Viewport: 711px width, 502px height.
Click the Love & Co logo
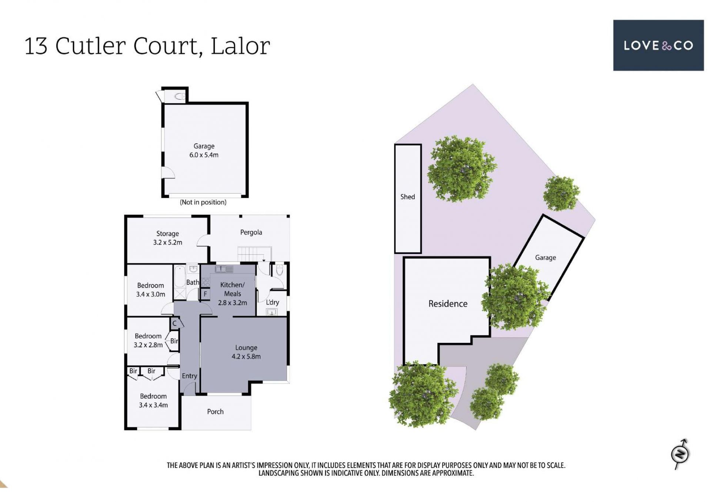(658, 45)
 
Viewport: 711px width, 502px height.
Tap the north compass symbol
(681, 454)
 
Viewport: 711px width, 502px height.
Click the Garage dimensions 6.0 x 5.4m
(204, 155)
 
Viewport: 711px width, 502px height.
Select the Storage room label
(167, 234)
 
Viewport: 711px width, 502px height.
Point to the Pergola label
(251, 232)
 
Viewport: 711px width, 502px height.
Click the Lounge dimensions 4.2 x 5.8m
(246, 357)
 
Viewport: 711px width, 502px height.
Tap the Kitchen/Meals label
(233, 289)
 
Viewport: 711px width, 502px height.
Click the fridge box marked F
(205, 294)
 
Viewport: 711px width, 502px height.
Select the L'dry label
(273, 302)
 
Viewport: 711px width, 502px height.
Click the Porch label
(215, 412)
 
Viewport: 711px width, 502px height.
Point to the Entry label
(189, 376)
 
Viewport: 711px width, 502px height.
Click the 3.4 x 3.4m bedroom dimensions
(153, 405)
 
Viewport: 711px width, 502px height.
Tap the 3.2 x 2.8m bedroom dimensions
(148, 345)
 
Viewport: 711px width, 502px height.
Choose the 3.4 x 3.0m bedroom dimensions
(150, 294)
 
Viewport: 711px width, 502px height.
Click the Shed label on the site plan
(407, 197)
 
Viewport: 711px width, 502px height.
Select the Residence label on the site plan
(448, 304)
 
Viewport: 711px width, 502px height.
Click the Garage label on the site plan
(545, 258)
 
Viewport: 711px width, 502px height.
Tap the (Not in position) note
(203, 202)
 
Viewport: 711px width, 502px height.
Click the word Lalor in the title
(240, 46)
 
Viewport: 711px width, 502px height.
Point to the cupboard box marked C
(175, 324)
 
